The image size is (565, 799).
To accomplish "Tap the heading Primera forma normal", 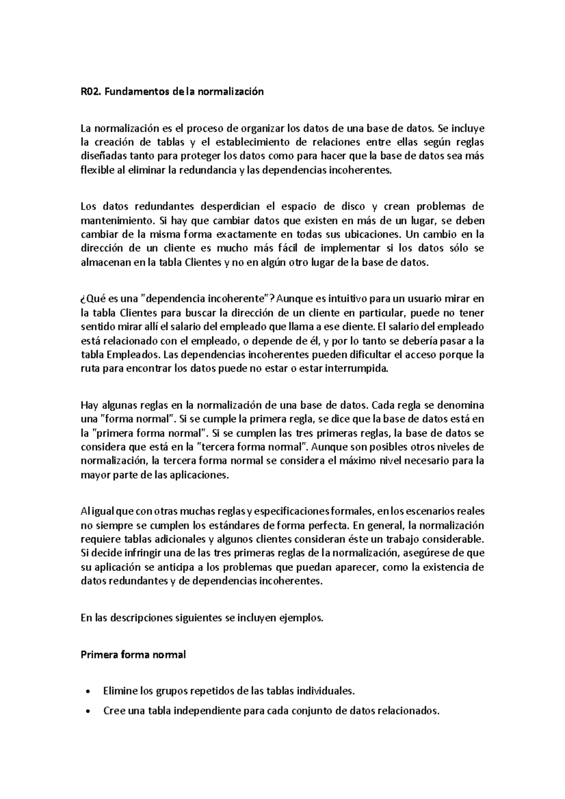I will pos(133,655).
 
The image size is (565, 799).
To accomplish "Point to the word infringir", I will pos(135,553).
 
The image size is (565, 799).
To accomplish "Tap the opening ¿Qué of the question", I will pos(91,299).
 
